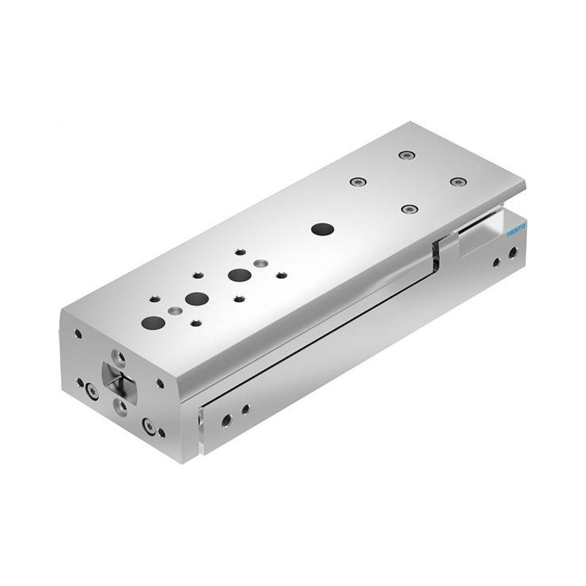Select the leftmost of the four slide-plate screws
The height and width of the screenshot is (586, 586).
358,182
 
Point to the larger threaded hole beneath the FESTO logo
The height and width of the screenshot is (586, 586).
514,251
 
